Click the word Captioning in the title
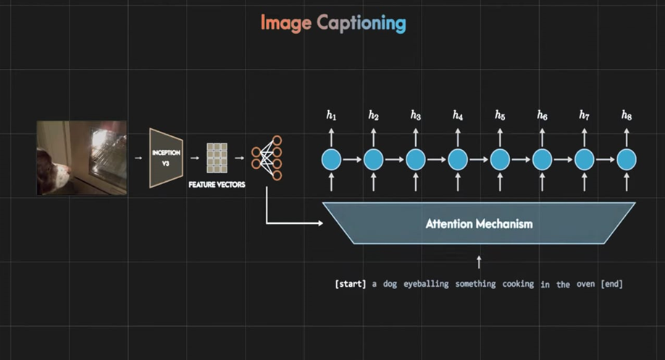[x=361, y=24]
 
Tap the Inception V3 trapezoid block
[x=166, y=158]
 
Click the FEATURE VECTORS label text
[x=217, y=185]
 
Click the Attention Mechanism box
[x=478, y=224]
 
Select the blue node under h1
[x=331, y=159]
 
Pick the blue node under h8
[x=627, y=159]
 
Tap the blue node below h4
[x=457, y=159]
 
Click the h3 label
[x=415, y=115]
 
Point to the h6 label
[x=542, y=115]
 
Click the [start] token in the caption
[x=351, y=284]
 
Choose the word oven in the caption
[x=585, y=284]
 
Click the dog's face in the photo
[x=54, y=170]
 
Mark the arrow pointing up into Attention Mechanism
[x=478, y=261]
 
